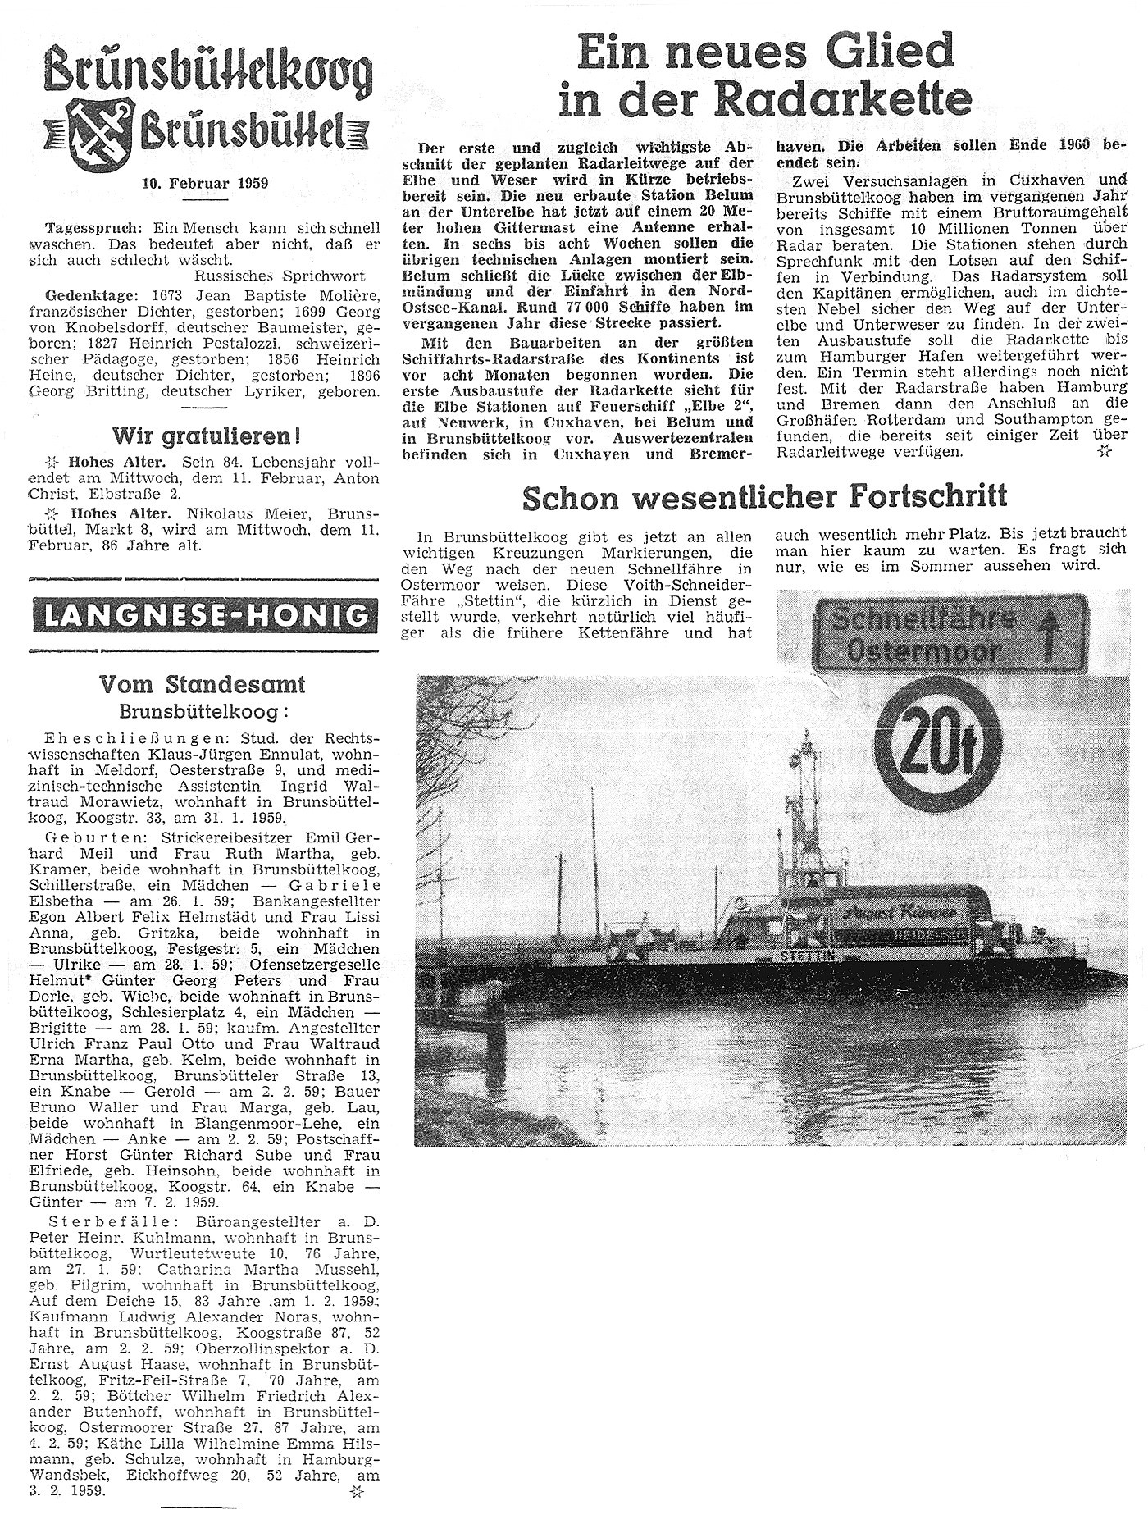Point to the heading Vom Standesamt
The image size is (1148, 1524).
[x=203, y=683]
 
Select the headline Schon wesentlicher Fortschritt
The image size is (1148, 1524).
[x=764, y=496]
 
